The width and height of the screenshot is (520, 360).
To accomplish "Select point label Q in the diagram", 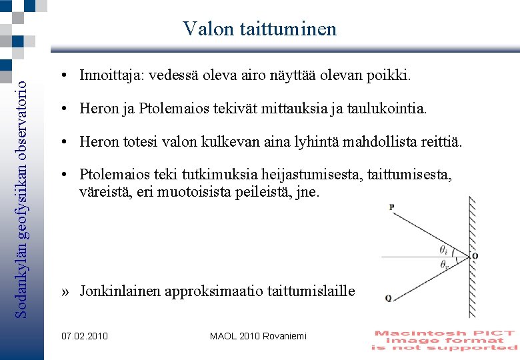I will pos(388,299).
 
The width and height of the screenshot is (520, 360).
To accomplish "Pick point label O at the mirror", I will pos(475,256).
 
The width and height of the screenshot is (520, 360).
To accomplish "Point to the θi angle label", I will pos(443,249).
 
